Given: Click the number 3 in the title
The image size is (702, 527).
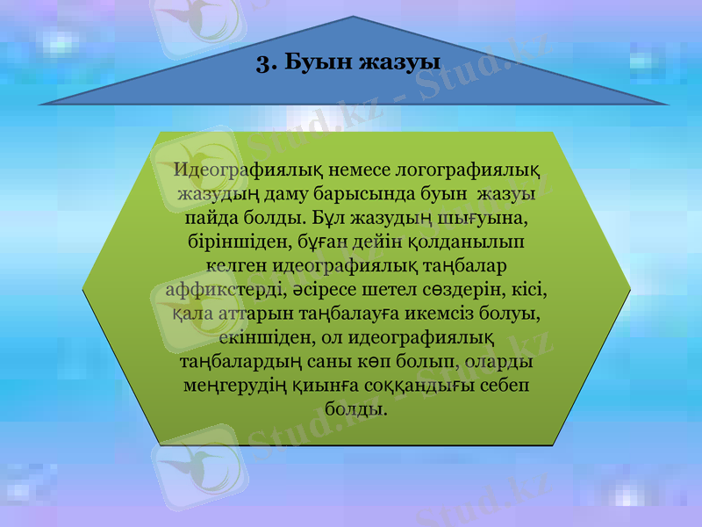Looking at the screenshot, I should tap(261, 62).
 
